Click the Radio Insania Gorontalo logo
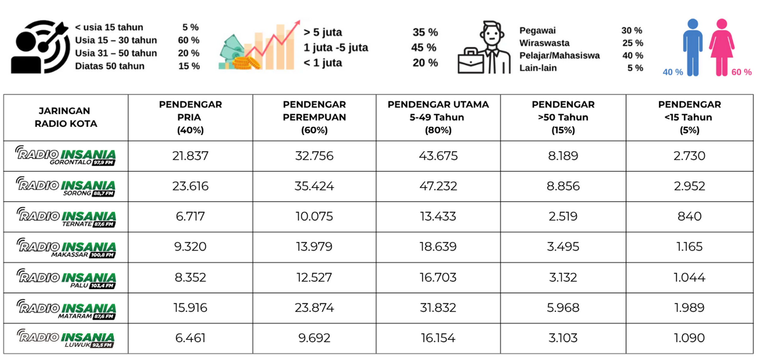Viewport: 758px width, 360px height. point(66,156)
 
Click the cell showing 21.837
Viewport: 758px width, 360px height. point(190,156)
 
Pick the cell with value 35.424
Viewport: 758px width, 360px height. point(314,186)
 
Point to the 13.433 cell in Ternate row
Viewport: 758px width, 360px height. point(438,216)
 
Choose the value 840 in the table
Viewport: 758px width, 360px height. point(689,216)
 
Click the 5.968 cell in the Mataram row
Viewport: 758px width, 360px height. point(563,308)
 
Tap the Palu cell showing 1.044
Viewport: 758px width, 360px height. point(689,277)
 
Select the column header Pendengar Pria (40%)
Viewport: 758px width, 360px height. point(190,117)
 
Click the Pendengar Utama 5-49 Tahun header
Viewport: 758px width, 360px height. point(438,117)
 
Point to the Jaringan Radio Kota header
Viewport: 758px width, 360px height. point(66,117)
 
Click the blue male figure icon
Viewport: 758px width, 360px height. point(693,47)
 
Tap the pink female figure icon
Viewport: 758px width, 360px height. point(722,47)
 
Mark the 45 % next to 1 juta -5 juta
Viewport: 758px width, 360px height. point(424,48)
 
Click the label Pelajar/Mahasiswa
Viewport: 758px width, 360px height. point(559,56)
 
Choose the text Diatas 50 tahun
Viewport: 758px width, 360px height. point(110,66)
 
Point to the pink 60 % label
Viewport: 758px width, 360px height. point(741,72)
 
